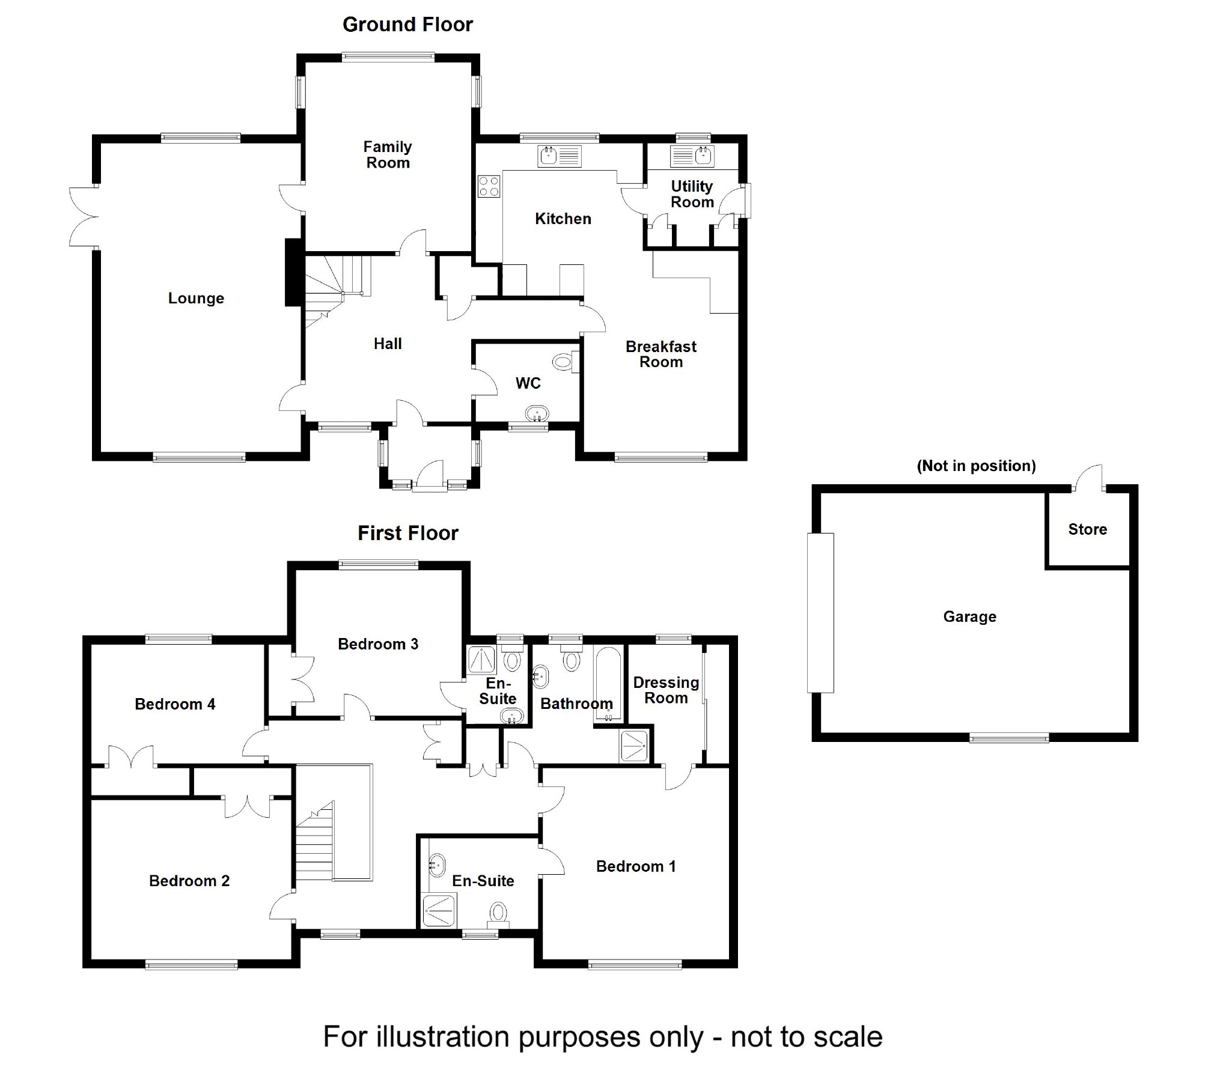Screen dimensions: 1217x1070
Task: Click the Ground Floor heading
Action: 407,25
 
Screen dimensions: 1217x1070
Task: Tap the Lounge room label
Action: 196,299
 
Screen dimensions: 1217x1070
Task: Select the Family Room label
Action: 388,155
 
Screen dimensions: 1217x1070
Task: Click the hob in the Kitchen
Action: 489,186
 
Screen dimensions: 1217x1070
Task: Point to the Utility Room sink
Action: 692,156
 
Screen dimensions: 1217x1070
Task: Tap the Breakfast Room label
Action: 660,354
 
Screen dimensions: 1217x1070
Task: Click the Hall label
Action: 388,344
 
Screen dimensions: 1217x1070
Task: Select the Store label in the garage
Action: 1087,529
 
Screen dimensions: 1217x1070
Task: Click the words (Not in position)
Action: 976,466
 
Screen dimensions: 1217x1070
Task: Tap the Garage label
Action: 969,616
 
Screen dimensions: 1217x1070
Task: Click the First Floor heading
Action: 408,533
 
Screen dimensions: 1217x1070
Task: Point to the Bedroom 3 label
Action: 378,644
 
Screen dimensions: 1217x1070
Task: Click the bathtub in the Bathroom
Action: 609,683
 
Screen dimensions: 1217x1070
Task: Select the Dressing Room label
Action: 666,690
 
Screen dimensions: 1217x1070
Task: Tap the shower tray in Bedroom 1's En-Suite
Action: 440,910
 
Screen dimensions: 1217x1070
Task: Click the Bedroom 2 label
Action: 189,881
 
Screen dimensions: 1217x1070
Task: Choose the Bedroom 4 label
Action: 175,704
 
